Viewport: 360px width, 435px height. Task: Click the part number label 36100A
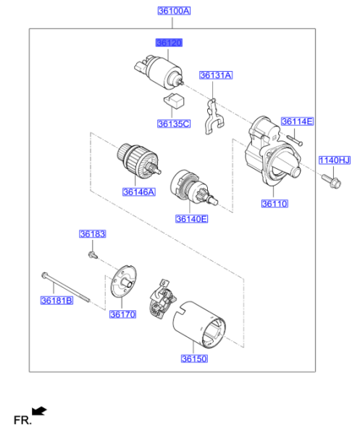(174, 11)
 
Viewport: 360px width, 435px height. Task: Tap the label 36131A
(215, 75)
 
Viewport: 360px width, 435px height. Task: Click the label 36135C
(174, 124)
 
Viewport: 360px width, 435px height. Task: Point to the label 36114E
(297, 121)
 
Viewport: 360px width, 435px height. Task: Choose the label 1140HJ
(334, 159)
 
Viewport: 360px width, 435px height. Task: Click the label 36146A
(138, 192)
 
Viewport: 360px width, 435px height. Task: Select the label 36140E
(191, 217)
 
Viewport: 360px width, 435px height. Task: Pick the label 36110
(275, 204)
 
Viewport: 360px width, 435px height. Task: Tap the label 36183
(92, 234)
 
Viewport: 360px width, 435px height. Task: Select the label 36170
(122, 314)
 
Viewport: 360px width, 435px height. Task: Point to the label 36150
(194, 358)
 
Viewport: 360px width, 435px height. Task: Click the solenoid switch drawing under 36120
(159, 71)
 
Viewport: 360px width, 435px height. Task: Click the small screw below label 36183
(93, 254)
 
